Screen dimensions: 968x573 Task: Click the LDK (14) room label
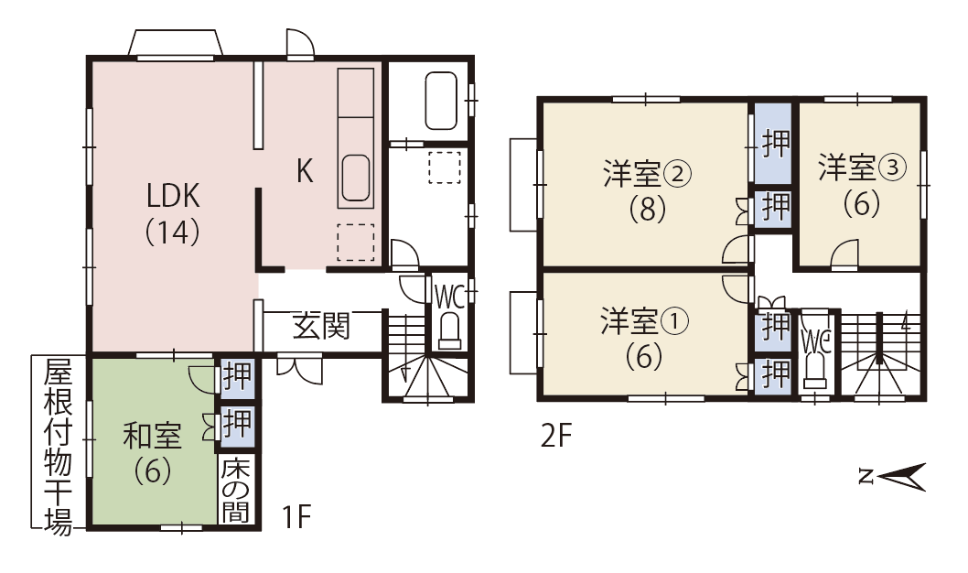click(173, 213)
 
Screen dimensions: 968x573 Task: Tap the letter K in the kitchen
click(305, 170)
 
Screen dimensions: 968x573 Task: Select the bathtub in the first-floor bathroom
click(441, 102)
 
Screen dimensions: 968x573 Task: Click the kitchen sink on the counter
click(356, 178)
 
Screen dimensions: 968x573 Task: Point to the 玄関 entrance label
click(321, 325)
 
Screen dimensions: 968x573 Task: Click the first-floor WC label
click(449, 297)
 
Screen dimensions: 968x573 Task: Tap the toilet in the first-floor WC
click(449, 332)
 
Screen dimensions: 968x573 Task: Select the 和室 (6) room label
click(153, 452)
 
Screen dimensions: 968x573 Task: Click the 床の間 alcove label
click(236, 490)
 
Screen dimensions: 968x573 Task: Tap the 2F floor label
click(556, 436)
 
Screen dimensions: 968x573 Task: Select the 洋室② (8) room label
click(647, 190)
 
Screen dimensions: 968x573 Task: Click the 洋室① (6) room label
click(644, 339)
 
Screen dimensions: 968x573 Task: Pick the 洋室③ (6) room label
click(862, 185)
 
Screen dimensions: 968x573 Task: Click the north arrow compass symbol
click(892, 477)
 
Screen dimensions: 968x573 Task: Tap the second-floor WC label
click(815, 341)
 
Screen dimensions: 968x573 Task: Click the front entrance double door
click(299, 368)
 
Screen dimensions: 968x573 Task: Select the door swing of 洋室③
click(844, 255)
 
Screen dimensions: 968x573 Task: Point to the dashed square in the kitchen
click(356, 242)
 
